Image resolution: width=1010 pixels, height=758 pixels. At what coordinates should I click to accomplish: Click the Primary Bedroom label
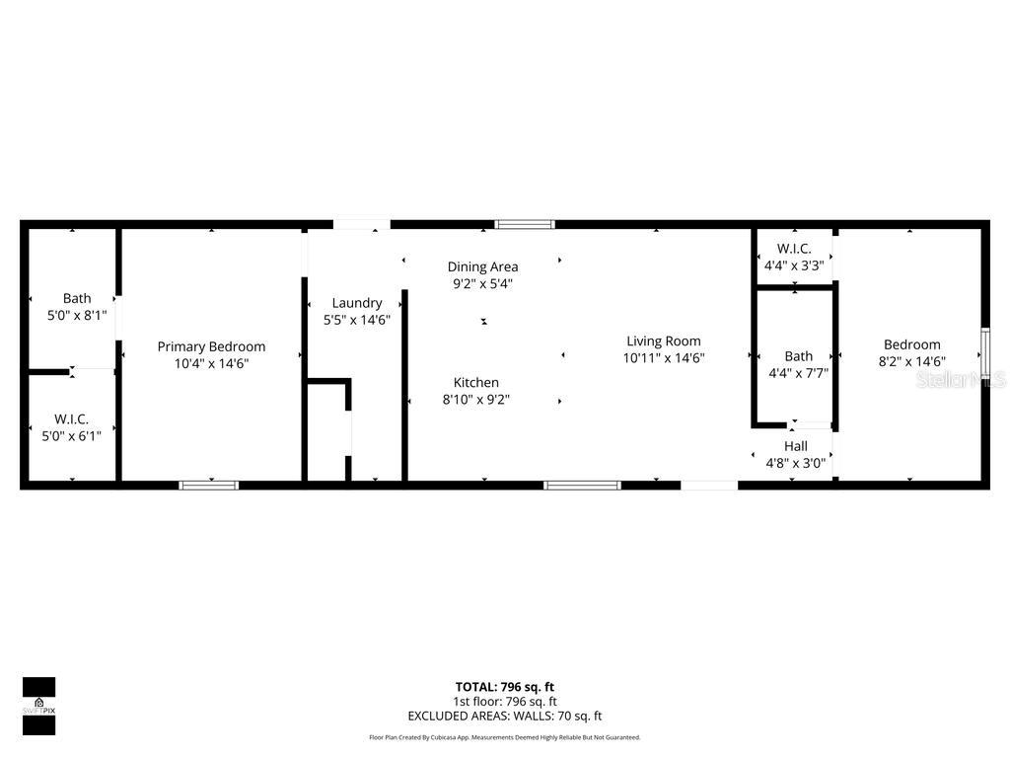click(211, 346)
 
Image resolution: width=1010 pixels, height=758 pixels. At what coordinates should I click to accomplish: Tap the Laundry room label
click(356, 303)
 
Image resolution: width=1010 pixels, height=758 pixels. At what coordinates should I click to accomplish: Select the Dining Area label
click(482, 266)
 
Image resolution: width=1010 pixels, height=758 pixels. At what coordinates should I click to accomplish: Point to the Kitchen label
click(475, 383)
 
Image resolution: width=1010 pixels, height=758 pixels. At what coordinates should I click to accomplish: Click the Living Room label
click(663, 341)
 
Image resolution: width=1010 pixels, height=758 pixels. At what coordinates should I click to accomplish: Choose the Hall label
click(795, 446)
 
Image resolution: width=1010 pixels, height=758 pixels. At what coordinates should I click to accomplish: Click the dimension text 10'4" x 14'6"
click(211, 363)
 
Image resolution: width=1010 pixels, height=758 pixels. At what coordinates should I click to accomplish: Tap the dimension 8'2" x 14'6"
click(911, 361)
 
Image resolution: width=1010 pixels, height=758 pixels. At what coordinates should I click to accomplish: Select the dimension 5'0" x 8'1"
click(76, 315)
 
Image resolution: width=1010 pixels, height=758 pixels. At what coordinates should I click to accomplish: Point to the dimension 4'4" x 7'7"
click(798, 373)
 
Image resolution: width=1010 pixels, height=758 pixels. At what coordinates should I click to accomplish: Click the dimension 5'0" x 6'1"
click(71, 435)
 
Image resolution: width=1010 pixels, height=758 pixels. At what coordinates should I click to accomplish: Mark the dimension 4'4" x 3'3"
click(793, 265)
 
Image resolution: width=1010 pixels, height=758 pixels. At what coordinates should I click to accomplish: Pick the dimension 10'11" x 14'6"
click(663, 358)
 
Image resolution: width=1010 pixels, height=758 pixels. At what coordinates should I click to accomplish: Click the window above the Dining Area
click(525, 224)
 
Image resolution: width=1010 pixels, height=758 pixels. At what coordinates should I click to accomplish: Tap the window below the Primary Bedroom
click(208, 485)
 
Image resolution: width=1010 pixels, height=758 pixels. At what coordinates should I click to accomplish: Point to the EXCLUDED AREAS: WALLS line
click(504, 717)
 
